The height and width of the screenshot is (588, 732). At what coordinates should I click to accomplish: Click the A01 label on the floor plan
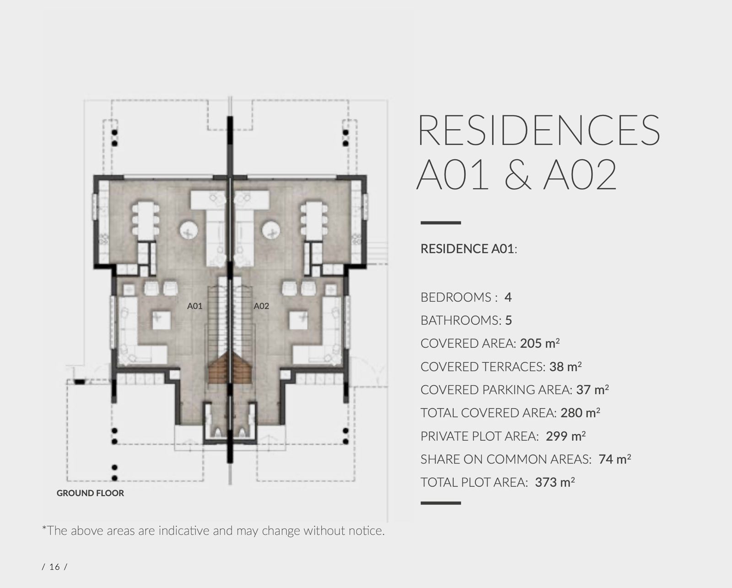pos(194,306)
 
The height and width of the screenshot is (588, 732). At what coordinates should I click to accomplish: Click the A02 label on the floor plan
pos(261,306)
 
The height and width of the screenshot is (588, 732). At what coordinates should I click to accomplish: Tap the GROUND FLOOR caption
pos(90,493)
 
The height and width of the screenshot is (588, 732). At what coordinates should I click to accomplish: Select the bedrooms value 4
pos(508,297)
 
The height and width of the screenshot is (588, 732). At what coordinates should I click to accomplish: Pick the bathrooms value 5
pos(509,320)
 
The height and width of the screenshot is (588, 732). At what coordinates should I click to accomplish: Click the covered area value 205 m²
pos(540,343)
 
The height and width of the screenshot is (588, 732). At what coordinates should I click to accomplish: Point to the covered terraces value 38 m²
pos(565,366)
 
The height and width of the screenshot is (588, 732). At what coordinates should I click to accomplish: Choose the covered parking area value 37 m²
pos(592,389)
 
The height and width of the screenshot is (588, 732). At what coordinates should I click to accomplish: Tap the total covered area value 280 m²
pos(580,412)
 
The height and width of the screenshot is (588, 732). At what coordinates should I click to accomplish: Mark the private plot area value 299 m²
pos(565,436)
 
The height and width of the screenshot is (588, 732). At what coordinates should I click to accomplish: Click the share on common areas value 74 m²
pos(615,459)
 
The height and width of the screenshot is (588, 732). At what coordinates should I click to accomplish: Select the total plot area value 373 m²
pos(555,482)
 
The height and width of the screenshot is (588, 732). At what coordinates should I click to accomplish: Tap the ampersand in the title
pos(518,174)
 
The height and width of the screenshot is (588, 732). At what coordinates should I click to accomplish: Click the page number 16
pos(54,566)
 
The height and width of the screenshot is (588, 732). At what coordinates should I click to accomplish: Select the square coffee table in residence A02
pos(299,320)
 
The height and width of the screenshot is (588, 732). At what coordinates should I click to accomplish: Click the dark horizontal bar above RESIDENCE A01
pos(441,223)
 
